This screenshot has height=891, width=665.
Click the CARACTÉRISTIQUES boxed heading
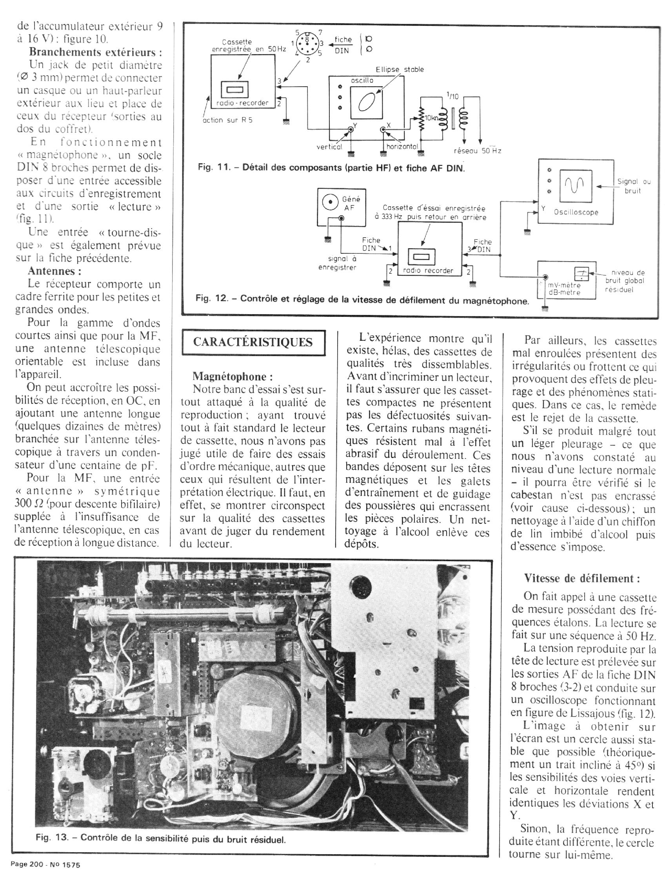pyautogui.click(x=253, y=342)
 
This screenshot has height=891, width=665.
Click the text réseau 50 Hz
pyautogui.click(x=477, y=151)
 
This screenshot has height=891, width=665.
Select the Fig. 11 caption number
pyautogui.click(x=213, y=167)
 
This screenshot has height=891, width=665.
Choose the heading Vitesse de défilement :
pyautogui.click(x=581, y=578)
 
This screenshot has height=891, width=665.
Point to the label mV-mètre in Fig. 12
pyautogui.click(x=564, y=285)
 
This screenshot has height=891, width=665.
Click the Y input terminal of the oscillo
pyautogui.click(x=351, y=130)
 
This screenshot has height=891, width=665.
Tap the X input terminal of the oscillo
pyautogui.click(x=383, y=130)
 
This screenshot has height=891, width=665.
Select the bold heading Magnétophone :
pyautogui.click(x=233, y=376)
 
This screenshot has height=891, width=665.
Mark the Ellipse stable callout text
pyautogui.click(x=399, y=69)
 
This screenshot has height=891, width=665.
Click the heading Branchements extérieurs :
pyautogui.click(x=95, y=52)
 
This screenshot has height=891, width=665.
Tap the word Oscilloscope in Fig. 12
pyautogui.click(x=576, y=212)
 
